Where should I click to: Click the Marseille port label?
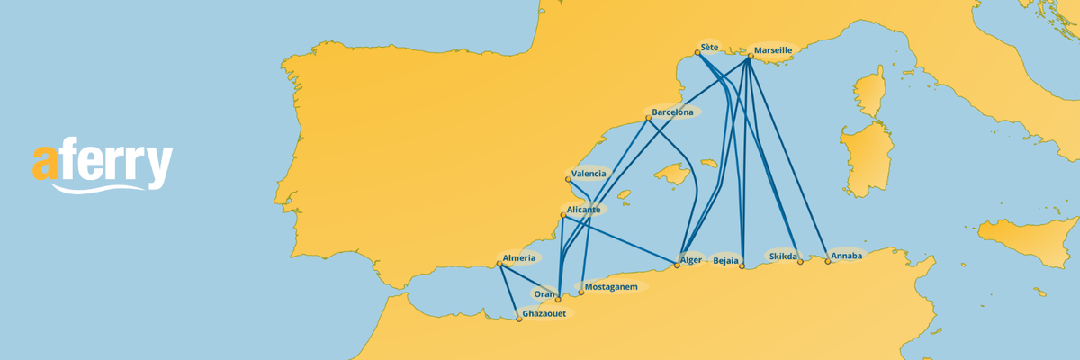pos(773,50)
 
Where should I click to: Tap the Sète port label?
pos(710,48)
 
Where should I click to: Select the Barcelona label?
pos(673,112)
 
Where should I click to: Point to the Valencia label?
pos(589,173)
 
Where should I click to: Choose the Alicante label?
pos(584,209)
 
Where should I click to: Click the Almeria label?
pos(520,258)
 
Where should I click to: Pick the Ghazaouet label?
pos(544,314)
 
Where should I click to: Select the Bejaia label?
pos(725,261)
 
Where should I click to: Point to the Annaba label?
pos(847,256)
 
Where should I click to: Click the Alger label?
pos(691,259)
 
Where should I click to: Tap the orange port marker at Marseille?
pos(750,56)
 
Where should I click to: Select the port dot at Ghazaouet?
pos(519,319)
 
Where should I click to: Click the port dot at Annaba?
pos(827,262)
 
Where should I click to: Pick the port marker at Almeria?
pos(499,264)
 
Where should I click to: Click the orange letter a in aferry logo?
pos(45,165)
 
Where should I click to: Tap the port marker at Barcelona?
pos(648,118)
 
